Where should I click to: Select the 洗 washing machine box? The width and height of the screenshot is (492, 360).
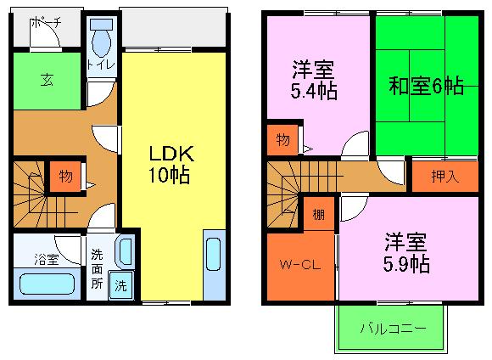120,284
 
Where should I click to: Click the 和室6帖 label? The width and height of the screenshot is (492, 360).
426,87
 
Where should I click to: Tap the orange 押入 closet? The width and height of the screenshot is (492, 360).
444,177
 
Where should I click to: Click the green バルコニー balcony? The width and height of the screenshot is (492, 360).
392,328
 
